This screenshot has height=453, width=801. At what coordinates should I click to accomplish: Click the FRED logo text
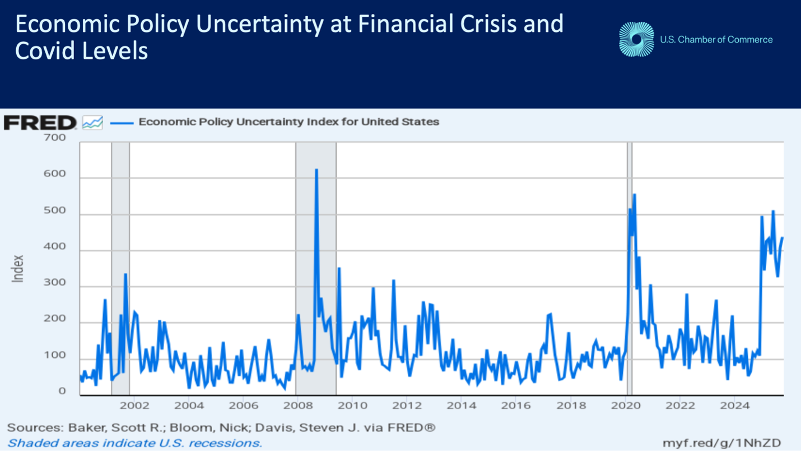40,122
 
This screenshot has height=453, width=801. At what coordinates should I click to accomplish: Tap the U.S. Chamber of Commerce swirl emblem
636,39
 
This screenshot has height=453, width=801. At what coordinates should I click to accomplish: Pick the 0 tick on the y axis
62,391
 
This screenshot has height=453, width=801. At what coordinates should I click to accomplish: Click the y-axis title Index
18,268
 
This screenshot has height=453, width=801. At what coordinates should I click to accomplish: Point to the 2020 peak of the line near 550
634,194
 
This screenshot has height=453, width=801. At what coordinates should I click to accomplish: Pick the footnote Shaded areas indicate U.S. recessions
134,442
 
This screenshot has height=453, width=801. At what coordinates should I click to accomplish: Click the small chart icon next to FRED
92,122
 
